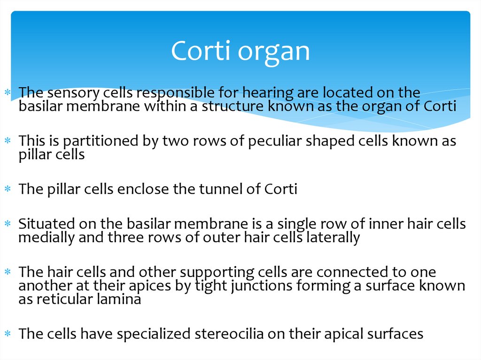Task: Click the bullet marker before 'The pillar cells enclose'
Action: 8,190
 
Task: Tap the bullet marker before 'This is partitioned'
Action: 8,141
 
